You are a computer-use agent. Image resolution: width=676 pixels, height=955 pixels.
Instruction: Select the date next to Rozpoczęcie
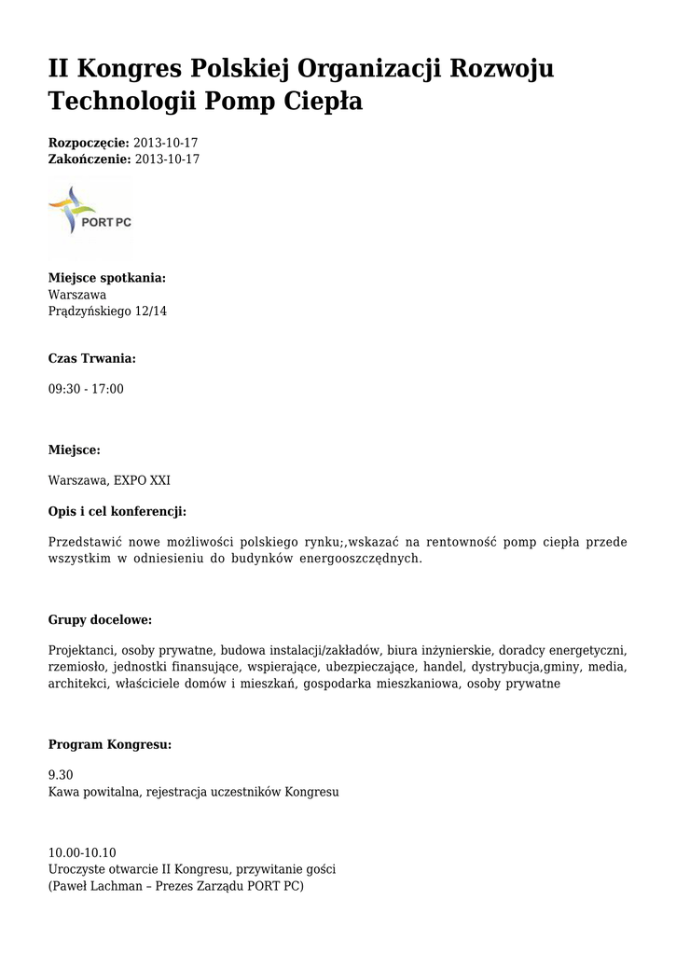click(166, 143)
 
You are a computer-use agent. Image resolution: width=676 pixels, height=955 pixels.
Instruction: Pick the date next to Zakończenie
click(168, 159)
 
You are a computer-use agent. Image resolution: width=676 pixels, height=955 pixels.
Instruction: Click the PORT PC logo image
click(90, 215)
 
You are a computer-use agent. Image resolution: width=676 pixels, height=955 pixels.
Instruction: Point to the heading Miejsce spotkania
click(107, 278)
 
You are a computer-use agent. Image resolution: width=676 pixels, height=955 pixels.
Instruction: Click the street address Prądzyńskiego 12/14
click(107, 311)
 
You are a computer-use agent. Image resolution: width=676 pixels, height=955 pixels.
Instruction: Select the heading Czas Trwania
click(91, 358)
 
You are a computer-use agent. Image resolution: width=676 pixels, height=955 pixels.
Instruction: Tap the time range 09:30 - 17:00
click(86, 388)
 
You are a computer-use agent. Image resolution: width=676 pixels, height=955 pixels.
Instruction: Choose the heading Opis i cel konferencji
click(117, 511)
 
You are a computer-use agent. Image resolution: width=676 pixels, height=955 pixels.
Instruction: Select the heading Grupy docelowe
click(100, 620)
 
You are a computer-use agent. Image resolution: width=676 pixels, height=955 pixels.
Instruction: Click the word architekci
click(78, 684)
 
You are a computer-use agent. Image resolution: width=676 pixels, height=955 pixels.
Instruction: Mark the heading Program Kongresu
click(109, 745)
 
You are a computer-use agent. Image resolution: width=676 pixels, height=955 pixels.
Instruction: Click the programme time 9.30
click(61, 775)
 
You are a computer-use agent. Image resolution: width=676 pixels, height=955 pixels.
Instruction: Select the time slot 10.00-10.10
click(82, 852)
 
